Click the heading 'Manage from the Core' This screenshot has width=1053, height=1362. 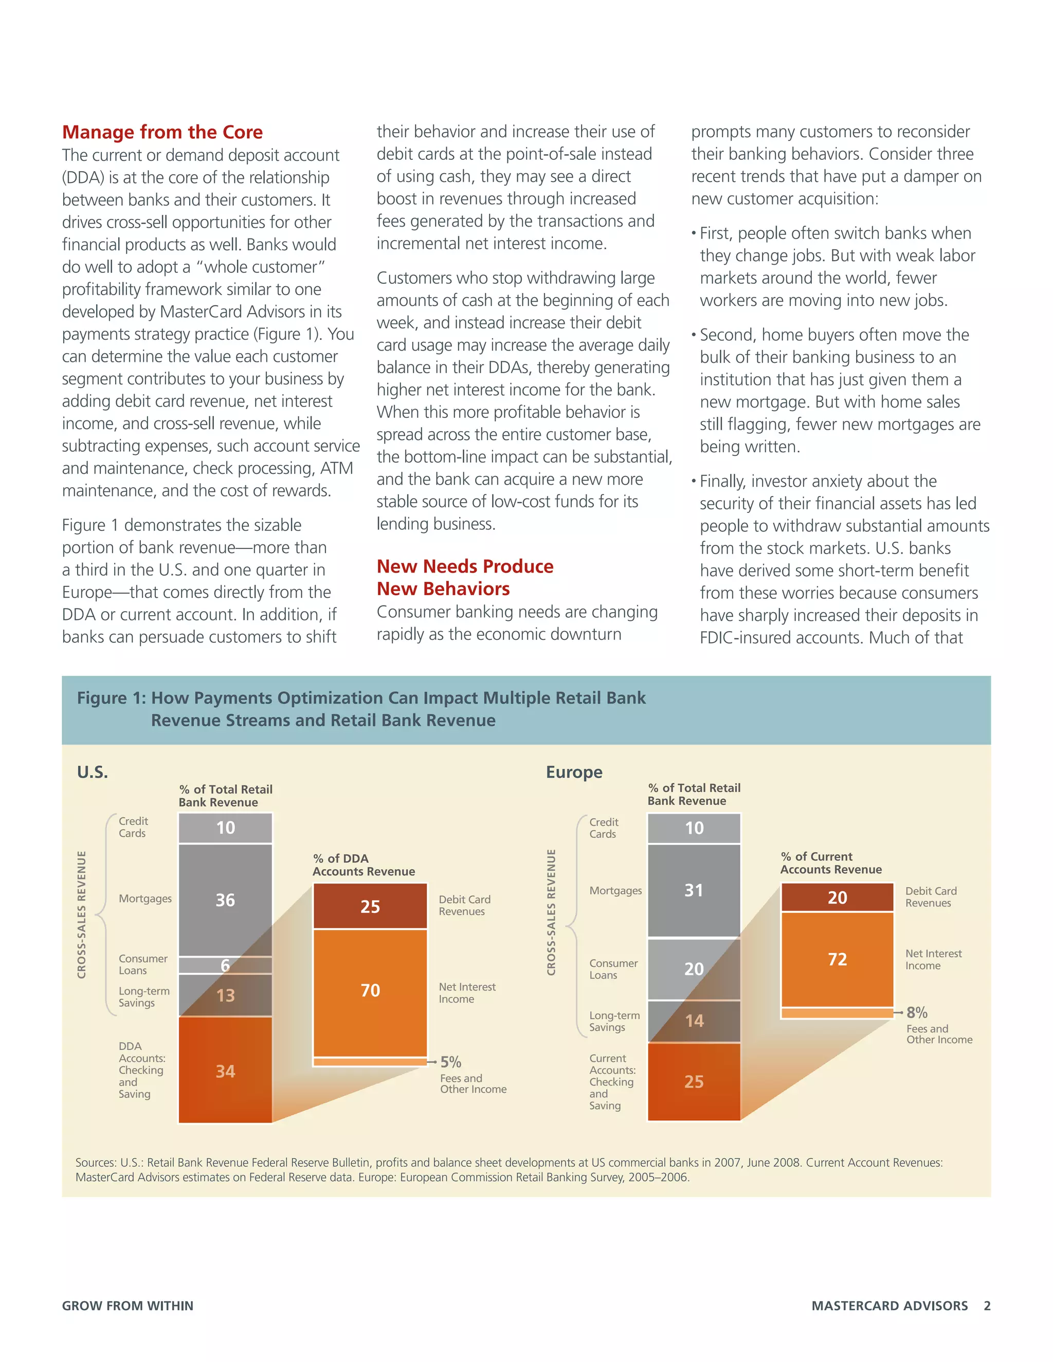pos(162,132)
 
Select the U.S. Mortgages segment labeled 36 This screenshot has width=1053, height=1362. pos(225,899)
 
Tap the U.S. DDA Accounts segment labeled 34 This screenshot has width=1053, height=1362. pos(225,1071)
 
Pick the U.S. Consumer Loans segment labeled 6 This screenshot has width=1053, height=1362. pos(225,965)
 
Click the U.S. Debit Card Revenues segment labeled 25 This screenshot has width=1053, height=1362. pos(370,906)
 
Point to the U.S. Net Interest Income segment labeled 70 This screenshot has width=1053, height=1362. pos(370,990)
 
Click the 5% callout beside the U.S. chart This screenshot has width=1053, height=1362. pos(450,1062)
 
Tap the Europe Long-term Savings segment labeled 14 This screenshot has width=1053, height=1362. pos(694,1021)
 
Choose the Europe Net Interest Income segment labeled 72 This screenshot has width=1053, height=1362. pos(837,959)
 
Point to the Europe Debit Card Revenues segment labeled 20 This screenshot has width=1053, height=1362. pos(837,897)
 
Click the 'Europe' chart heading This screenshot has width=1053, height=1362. pos(574,772)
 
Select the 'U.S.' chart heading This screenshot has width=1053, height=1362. pos(93,772)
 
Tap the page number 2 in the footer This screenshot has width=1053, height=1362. pos(987,1305)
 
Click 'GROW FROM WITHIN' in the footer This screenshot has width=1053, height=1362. pos(128,1305)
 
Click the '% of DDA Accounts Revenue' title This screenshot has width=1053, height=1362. pos(363,865)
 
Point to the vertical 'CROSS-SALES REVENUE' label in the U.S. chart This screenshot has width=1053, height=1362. pos(82,914)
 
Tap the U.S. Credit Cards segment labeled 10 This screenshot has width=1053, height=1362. pos(225,827)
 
